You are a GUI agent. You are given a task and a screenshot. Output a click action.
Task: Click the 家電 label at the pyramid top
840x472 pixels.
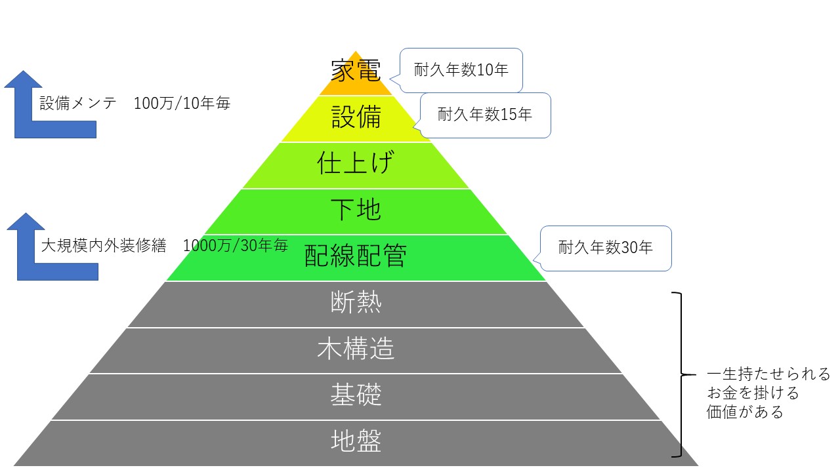[356, 70]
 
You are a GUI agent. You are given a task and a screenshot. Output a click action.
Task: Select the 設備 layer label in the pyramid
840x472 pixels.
[356, 117]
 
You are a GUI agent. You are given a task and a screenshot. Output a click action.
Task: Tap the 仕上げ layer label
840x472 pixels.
[356, 163]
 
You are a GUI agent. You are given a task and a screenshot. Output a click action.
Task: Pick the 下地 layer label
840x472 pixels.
[356, 209]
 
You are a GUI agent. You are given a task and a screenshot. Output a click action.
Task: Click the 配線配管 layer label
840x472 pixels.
[356, 256]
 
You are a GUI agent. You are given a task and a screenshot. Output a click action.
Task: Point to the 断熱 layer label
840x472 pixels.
[356, 302]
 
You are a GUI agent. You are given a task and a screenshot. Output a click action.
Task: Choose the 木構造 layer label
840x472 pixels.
[356, 348]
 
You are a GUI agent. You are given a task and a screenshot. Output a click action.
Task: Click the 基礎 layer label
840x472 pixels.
[356, 395]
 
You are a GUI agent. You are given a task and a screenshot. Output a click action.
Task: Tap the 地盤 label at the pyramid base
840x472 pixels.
[356, 441]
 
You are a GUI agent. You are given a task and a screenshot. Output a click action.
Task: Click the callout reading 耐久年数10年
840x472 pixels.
[461, 70]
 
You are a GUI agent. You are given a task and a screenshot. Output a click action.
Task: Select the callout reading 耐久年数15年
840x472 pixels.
[485, 115]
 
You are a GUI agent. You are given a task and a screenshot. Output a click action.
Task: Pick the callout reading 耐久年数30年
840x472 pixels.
[605, 248]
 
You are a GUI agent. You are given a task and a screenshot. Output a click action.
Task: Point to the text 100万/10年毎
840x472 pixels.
[182, 104]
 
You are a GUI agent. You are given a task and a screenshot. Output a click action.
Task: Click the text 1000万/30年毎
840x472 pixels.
[236, 246]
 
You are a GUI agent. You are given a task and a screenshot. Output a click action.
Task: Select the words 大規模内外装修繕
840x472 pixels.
[104, 246]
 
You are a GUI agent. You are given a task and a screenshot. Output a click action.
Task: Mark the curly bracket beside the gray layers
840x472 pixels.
[681, 374]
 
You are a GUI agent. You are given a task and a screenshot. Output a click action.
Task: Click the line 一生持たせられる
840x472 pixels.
[768, 374]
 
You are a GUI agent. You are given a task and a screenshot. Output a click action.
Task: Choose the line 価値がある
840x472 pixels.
[745, 412]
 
